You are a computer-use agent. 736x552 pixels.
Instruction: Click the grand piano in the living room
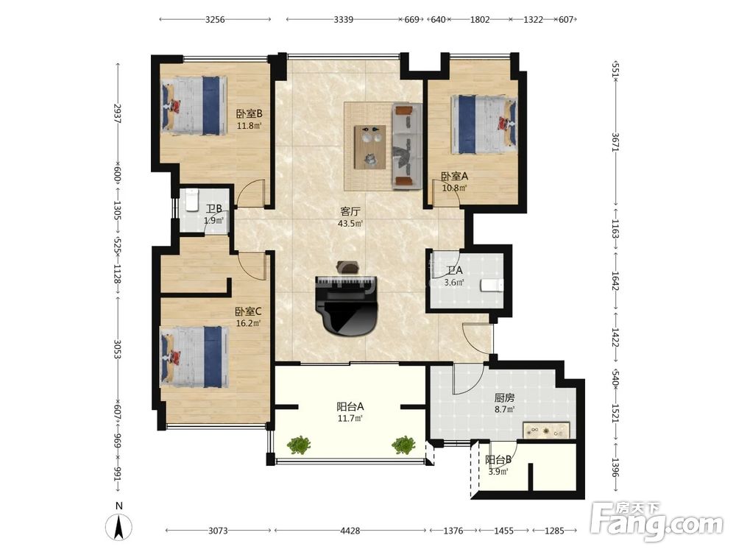[x=347, y=305]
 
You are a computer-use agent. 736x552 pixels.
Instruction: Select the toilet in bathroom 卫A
[x=492, y=285]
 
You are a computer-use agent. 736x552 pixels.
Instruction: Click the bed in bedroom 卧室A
[x=484, y=124]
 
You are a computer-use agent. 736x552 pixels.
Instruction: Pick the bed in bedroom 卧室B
[x=194, y=106]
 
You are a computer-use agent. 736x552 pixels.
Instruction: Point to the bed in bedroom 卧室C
[x=194, y=357]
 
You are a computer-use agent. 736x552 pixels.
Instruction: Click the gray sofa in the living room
[x=406, y=146]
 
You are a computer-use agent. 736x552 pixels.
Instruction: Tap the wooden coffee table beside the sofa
[x=370, y=146]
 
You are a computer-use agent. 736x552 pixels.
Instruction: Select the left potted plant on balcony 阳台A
[x=299, y=445]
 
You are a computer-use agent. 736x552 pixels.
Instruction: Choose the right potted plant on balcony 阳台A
[x=403, y=445]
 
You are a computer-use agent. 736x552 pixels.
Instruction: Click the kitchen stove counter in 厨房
[x=546, y=430]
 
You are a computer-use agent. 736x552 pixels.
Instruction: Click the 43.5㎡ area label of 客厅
[x=350, y=224]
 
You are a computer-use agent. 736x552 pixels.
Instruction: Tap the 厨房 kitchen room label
[x=504, y=398]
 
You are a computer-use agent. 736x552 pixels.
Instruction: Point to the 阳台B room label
[x=498, y=460]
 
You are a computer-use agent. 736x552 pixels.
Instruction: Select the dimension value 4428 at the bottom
[x=350, y=531]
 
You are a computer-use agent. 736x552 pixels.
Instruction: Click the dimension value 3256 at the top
[x=215, y=19]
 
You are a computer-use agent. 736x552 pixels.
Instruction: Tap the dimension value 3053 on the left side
[x=117, y=350]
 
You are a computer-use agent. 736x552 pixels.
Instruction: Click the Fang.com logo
[x=657, y=522]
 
